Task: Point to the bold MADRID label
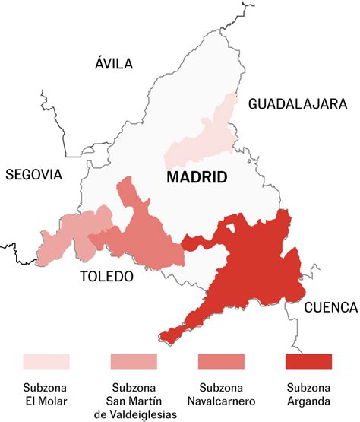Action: pos(197,178)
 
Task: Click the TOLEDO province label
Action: pos(106,276)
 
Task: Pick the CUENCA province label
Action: pos(330,307)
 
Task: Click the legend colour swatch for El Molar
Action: pos(46,360)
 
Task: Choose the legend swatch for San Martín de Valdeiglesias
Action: pos(134,360)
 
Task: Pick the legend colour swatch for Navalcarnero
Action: pos(221,360)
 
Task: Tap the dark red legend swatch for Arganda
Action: pos(308,360)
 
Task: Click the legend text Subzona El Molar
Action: pos(46,393)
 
